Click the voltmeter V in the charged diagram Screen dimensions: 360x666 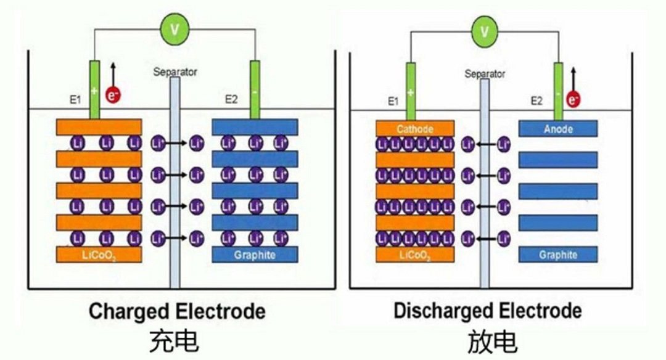[x=175, y=29]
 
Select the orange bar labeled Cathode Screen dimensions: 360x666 [x=414, y=129]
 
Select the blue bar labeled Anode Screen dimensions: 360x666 [x=558, y=129]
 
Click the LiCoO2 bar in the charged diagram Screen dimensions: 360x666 [x=99, y=254]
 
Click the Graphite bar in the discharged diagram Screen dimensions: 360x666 [x=558, y=254]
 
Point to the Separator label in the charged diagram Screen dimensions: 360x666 [x=175, y=72]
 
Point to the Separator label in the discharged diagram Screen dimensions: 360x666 [x=485, y=74]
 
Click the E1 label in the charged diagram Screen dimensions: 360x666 [x=76, y=99]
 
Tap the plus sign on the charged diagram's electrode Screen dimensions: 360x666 [x=94, y=91]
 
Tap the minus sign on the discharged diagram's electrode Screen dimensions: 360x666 [x=559, y=94]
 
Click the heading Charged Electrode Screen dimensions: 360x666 [x=177, y=311]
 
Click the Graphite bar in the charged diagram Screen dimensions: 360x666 [x=255, y=254]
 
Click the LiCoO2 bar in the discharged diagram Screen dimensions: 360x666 [x=414, y=254]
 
